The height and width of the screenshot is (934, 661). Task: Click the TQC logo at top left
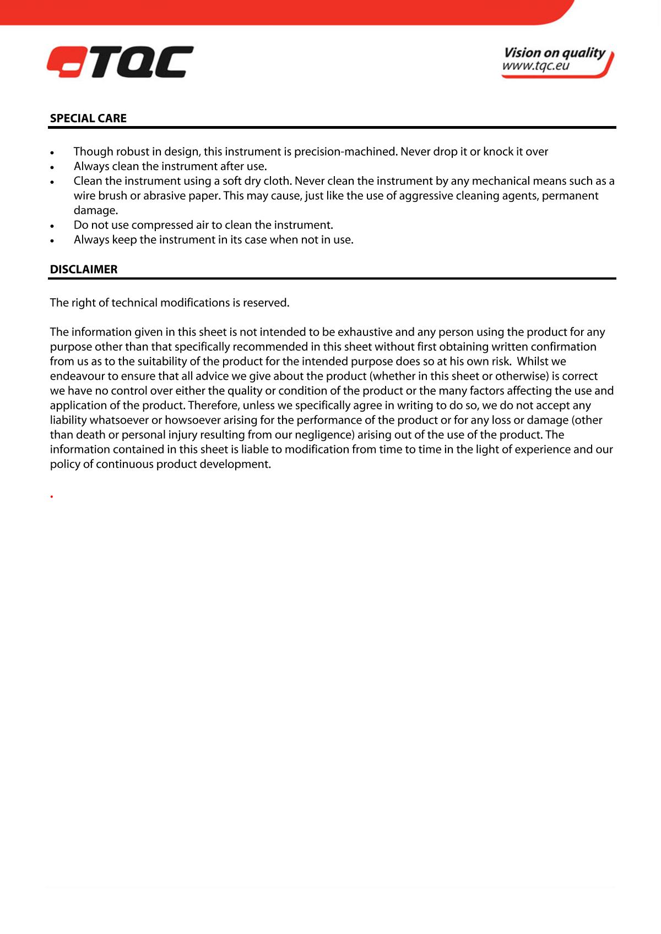120,62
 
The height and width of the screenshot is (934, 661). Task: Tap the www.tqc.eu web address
535,67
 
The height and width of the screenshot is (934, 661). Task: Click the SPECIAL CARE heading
88,118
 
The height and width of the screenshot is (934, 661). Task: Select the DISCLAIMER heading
84,269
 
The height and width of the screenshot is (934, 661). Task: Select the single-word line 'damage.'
96,210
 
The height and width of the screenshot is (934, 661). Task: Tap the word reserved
266,303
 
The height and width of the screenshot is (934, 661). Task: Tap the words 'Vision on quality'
554,53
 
